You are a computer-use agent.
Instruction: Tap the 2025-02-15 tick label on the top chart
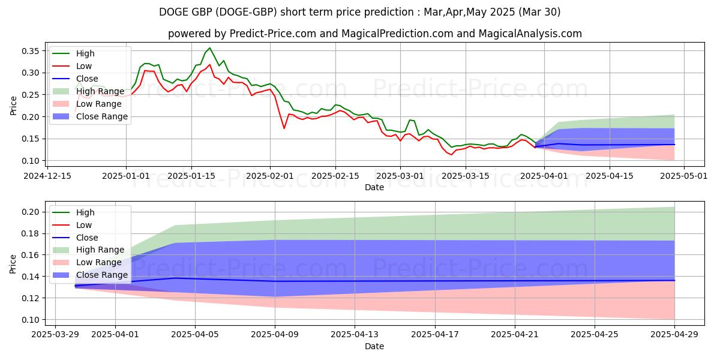coord(335,176)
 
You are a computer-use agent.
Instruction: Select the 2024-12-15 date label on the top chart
coord(48,176)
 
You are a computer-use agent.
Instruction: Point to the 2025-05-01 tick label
coord(685,176)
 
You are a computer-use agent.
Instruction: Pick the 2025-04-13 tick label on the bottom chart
coord(355,335)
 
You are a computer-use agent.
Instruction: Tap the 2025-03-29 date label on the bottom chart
coord(55,335)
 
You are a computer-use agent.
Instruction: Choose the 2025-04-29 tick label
coord(674,335)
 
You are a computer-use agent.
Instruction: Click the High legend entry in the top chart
coord(85,53)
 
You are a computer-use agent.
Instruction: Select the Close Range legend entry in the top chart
coord(101,116)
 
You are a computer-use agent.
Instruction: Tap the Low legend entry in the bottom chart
coord(84,225)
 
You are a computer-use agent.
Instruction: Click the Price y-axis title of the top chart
coord(13,106)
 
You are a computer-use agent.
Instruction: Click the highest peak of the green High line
coord(209,48)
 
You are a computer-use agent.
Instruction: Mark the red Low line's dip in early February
coord(284,128)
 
